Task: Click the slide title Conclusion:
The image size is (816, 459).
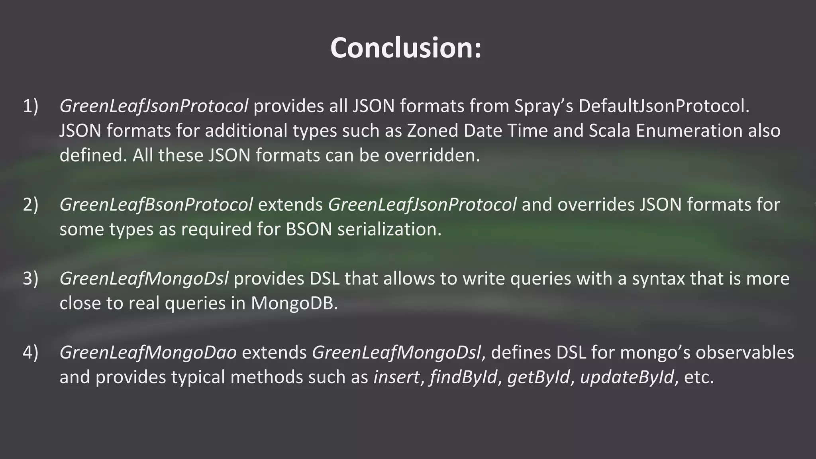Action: pos(406,48)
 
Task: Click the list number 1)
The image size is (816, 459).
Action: pos(31,106)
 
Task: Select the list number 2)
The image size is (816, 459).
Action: pos(31,204)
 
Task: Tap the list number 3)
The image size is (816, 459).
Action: pos(31,279)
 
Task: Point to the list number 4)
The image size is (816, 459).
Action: pos(31,353)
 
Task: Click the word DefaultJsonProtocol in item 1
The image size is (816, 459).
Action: pos(664,106)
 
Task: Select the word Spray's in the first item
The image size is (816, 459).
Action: pos(543,106)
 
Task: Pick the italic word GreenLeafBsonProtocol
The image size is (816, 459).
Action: pos(156,204)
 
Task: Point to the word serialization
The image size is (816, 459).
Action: pos(389,229)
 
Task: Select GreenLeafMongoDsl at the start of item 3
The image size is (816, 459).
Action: pos(144,279)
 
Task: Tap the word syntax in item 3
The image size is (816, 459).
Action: pos(658,279)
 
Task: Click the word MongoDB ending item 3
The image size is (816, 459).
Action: pos(294,303)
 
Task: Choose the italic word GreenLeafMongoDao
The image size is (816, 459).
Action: pos(148,353)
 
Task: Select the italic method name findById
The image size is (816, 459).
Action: pos(463,377)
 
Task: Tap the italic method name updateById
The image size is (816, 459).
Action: pos(627,377)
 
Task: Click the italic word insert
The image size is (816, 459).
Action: pos(396,377)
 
